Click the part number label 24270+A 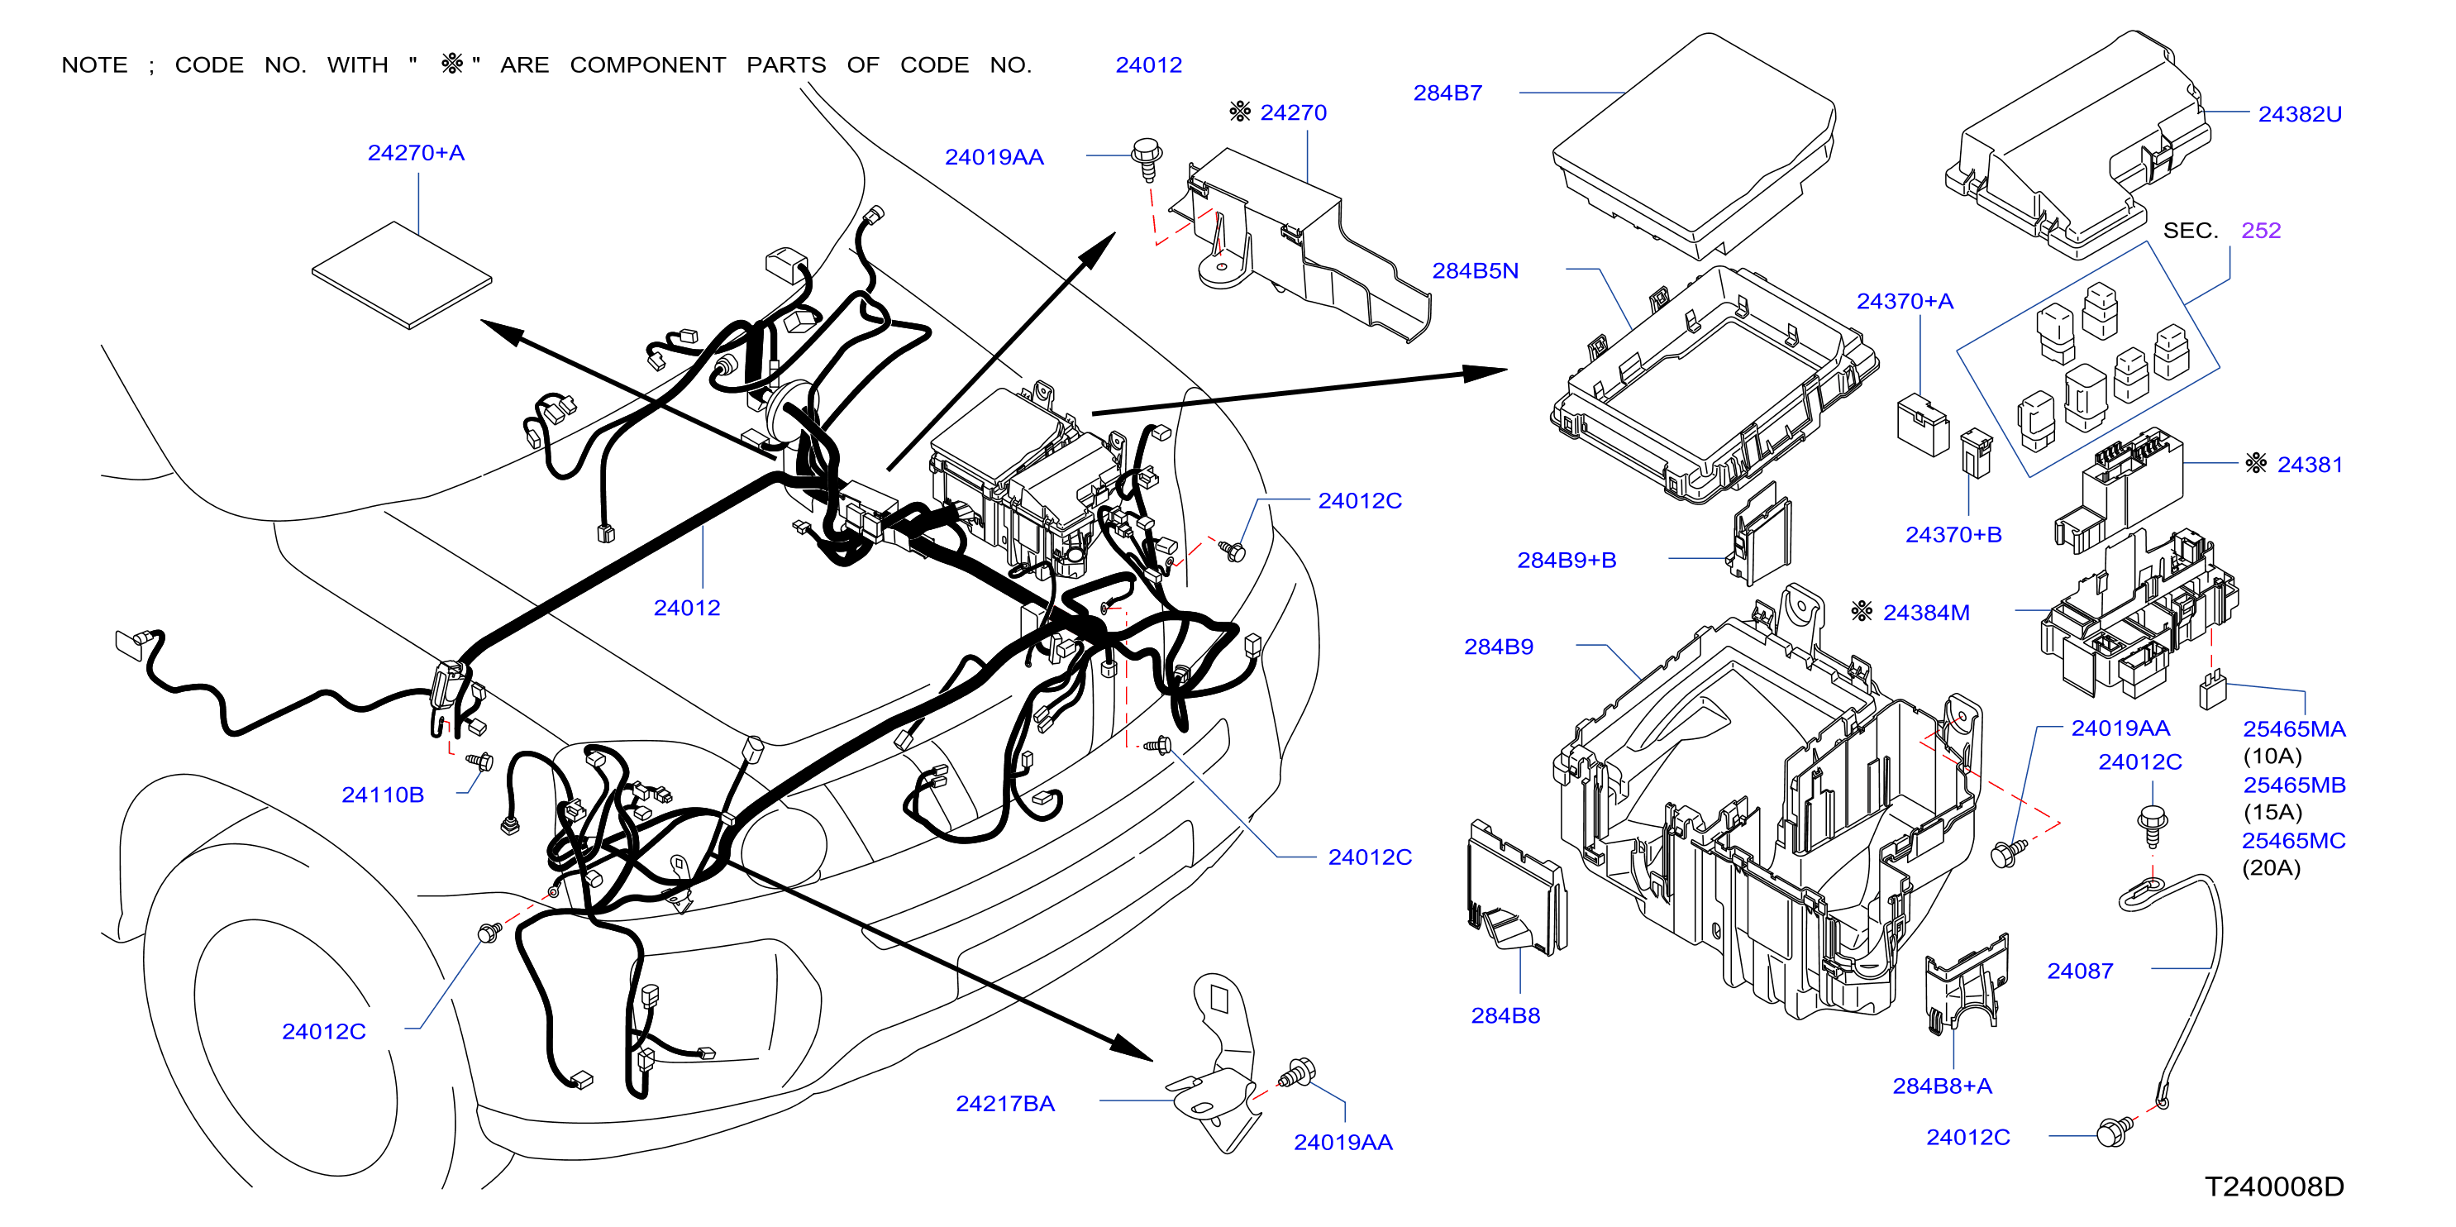pyautogui.click(x=416, y=152)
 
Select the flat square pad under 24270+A pyautogui.click(x=402, y=275)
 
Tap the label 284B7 pyautogui.click(x=1447, y=93)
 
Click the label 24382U pyautogui.click(x=2300, y=113)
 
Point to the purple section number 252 pyautogui.click(x=2261, y=230)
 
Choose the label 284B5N pyautogui.click(x=1475, y=270)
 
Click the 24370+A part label pyautogui.click(x=1904, y=301)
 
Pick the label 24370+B pyautogui.click(x=1953, y=535)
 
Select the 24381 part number pyautogui.click(x=2309, y=465)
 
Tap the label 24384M pyautogui.click(x=1926, y=612)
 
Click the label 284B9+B pyautogui.click(x=1567, y=560)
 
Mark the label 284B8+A pyautogui.click(x=1942, y=1086)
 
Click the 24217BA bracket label pyautogui.click(x=1005, y=1103)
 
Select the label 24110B pyautogui.click(x=382, y=795)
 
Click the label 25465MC pyautogui.click(x=2293, y=841)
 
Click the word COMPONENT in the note pyautogui.click(x=647, y=64)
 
